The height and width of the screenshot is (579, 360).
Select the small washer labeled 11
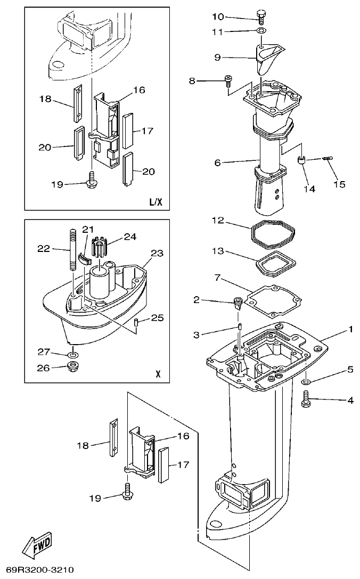(x=260, y=32)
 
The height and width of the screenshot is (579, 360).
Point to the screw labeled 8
(x=228, y=80)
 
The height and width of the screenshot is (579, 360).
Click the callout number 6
(x=217, y=162)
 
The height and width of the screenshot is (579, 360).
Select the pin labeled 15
(x=326, y=158)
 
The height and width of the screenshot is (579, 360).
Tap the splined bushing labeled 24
(x=101, y=248)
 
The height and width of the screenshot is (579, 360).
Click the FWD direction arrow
(x=37, y=545)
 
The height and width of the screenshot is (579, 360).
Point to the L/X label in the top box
(x=155, y=202)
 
